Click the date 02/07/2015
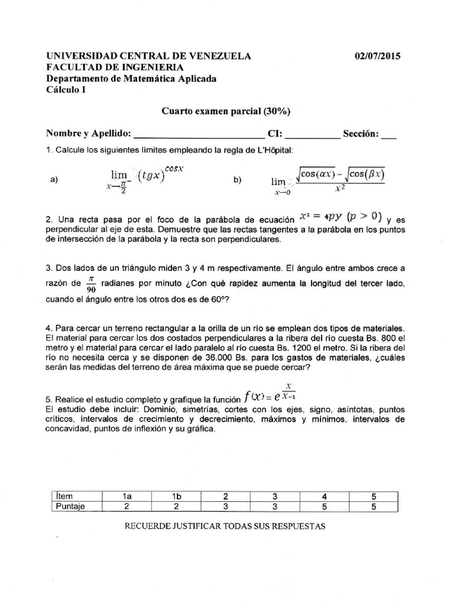[377, 56]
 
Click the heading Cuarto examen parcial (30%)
[226, 111]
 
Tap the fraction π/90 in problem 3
[90, 282]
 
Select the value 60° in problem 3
[219, 299]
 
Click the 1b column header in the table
[176, 496]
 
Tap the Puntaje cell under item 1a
[126, 507]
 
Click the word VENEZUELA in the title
[219, 56]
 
